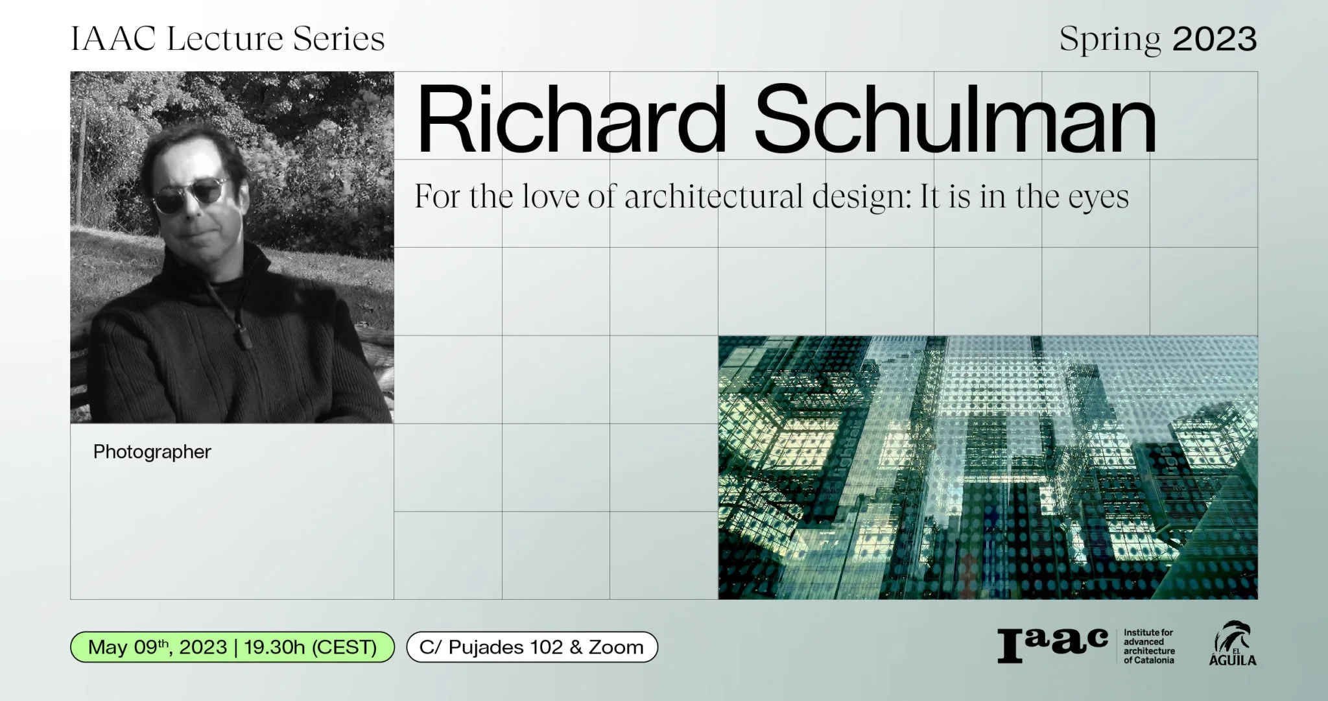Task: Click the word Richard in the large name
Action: [571, 119]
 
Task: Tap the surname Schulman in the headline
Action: [956, 119]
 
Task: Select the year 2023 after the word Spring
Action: [1215, 39]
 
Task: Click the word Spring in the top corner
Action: [1110, 40]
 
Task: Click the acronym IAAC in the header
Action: [113, 39]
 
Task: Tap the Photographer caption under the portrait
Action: [152, 452]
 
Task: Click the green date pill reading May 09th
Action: [232, 647]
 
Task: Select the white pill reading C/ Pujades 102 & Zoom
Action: [532, 647]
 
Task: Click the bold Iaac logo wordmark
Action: [1053, 645]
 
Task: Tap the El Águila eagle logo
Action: [1233, 643]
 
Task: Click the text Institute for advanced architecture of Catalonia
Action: [1149, 646]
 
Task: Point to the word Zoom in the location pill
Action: [616, 647]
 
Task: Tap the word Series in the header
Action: [339, 38]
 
